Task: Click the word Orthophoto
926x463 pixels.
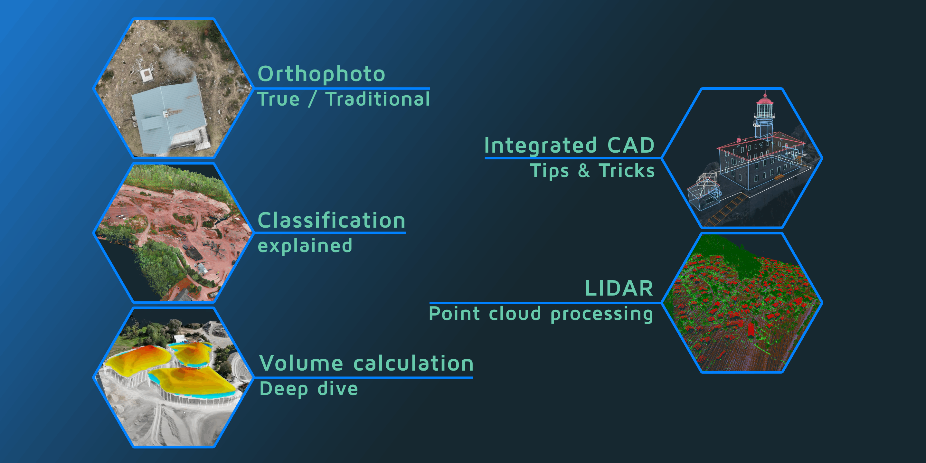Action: tap(321, 74)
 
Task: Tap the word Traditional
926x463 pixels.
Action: tap(377, 99)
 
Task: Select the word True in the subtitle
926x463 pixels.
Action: tap(279, 99)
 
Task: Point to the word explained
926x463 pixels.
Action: tap(305, 246)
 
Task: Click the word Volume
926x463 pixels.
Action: tap(301, 364)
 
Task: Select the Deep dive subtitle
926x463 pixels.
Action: tap(308, 389)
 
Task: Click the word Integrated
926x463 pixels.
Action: tap(541, 146)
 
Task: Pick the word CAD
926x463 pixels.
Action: tap(630, 146)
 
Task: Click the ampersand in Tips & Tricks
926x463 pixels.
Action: tap(584, 170)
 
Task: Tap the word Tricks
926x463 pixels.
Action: tap(627, 170)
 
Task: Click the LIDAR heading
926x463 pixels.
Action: tap(619, 288)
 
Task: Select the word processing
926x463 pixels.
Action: tap(601, 314)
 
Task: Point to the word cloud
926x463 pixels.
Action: tap(515, 314)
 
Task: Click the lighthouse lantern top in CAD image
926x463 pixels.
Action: tap(765, 101)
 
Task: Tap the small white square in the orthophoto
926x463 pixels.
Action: tap(146, 74)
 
